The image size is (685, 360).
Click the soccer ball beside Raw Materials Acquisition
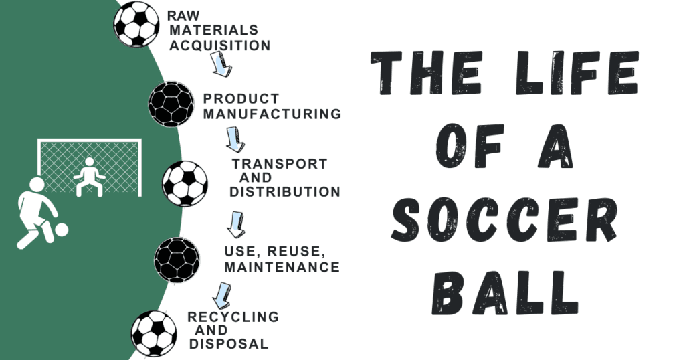point(136,25)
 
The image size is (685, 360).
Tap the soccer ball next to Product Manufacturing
point(171,104)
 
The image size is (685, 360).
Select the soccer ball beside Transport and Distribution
point(185,183)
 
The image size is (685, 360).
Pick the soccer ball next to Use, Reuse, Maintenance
point(177,258)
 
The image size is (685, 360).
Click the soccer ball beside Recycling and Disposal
point(154,333)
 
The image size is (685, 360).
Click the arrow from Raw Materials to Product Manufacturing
point(221,64)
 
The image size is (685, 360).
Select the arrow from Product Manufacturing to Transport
point(235,139)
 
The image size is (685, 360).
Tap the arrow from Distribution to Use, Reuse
point(235,224)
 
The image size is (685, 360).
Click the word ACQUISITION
point(219,46)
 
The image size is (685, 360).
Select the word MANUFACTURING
point(272,114)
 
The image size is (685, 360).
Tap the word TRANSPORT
point(280,164)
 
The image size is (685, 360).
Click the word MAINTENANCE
point(282,267)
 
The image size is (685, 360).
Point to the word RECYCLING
point(233,317)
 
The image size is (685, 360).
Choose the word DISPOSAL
point(229,344)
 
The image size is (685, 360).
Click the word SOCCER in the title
point(503,221)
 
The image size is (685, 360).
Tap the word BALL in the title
point(504,290)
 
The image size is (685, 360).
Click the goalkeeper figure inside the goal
point(89,176)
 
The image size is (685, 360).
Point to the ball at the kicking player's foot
point(61,230)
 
